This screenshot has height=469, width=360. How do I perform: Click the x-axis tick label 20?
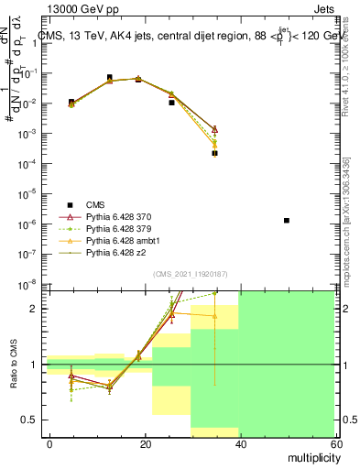point(145,443)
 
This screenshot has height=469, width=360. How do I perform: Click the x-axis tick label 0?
point(50,443)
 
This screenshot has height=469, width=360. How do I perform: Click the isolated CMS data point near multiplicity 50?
point(287,221)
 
